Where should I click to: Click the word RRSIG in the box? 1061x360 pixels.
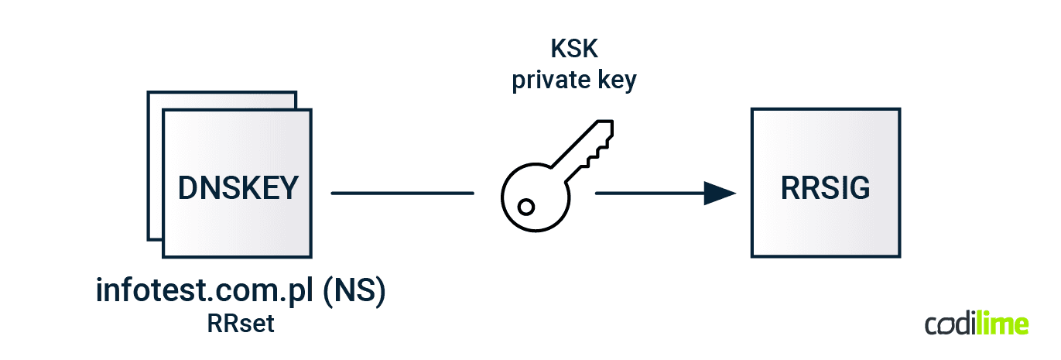click(x=825, y=188)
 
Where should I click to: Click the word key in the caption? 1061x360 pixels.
click(x=614, y=81)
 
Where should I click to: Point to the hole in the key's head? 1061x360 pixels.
click(x=526, y=207)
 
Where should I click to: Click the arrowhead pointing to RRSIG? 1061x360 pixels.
click(x=719, y=193)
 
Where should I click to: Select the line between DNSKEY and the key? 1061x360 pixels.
click(x=402, y=193)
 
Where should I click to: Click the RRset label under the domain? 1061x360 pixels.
click(x=241, y=323)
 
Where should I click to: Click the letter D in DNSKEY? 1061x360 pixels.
click(x=188, y=188)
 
